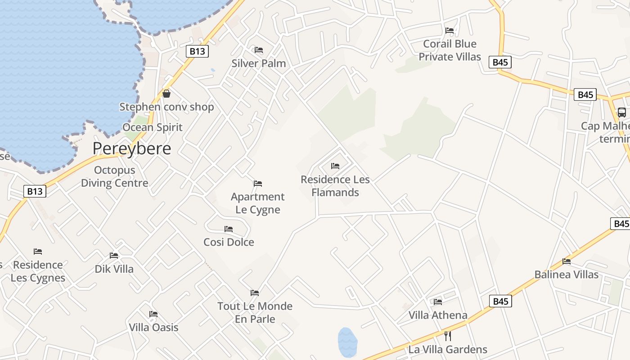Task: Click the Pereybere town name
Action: click(x=132, y=148)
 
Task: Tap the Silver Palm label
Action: click(x=259, y=63)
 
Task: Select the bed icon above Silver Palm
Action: click(x=259, y=49)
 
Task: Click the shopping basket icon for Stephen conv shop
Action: click(x=166, y=94)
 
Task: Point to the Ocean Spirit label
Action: click(x=153, y=127)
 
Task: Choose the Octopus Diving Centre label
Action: click(x=114, y=176)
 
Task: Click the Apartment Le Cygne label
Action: click(x=258, y=203)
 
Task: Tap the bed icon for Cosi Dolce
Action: click(x=229, y=229)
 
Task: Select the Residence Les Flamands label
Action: click(x=335, y=186)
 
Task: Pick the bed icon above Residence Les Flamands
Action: click(x=335, y=166)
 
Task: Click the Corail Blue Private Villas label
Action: click(x=450, y=50)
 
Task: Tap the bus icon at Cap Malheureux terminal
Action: click(x=621, y=112)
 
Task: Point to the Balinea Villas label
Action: click(x=567, y=274)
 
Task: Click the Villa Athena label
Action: click(x=438, y=315)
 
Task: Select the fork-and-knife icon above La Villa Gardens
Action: click(x=447, y=336)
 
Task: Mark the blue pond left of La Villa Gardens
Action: click(x=347, y=342)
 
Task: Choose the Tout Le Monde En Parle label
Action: click(x=255, y=312)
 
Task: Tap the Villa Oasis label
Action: click(x=154, y=327)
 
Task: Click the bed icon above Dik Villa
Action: click(x=114, y=256)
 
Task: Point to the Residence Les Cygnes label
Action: click(x=38, y=271)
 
